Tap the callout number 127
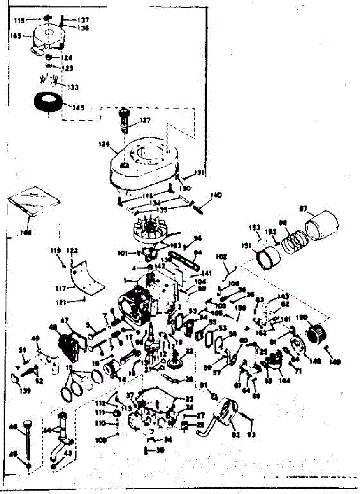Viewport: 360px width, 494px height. click(x=145, y=121)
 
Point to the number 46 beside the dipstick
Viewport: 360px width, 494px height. click(x=12, y=428)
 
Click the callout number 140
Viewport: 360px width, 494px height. click(x=216, y=194)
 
